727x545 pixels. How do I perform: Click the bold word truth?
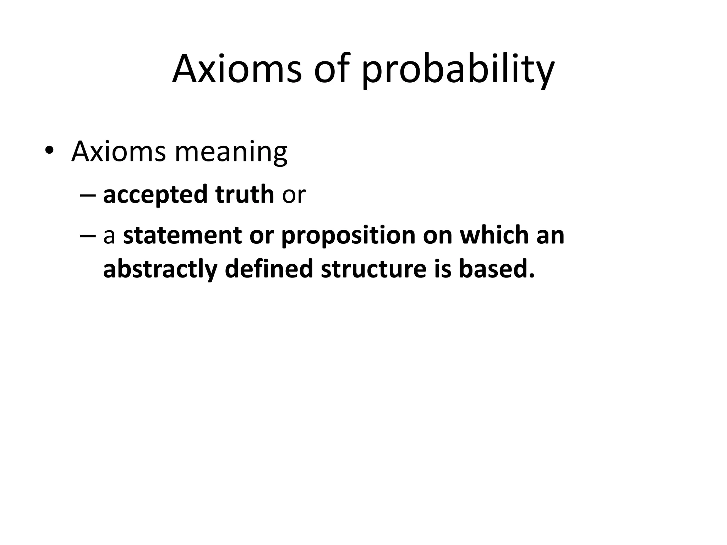[x=245, y=194]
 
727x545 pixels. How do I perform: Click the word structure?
[x=373, y=269]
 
